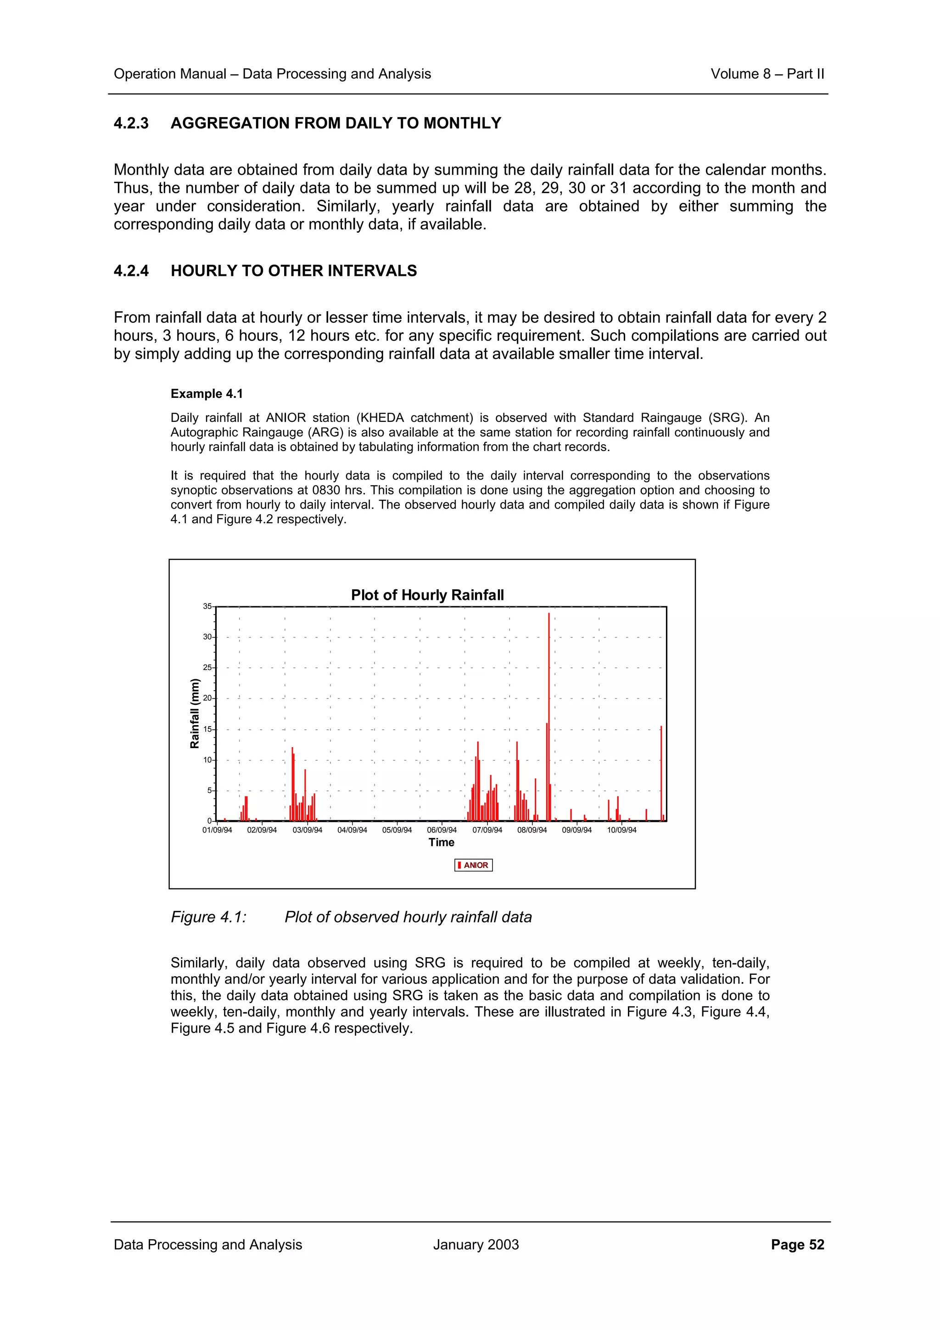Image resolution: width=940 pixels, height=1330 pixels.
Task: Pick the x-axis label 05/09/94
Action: pos(397,830)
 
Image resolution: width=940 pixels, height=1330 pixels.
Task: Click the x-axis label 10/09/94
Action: pos(621,830)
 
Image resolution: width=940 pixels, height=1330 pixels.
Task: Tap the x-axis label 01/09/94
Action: pos(217,830)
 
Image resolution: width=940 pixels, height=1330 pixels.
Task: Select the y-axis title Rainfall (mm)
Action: pos(195,714)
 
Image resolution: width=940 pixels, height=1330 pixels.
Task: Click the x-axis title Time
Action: pos(442,842)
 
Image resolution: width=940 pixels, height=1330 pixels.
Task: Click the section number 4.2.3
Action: pos(131,123)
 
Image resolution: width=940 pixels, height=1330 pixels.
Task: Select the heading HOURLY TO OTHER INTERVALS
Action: pos(294,271)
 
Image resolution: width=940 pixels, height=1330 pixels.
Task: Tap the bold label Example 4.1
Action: pos(207,394)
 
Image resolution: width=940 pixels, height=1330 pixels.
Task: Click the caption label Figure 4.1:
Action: pos(208,917)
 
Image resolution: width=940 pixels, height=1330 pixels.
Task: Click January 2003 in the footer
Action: pos(476,1245)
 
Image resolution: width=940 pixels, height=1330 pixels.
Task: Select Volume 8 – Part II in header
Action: pos(767,74)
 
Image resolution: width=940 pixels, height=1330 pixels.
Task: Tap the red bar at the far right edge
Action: pos(661,773)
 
